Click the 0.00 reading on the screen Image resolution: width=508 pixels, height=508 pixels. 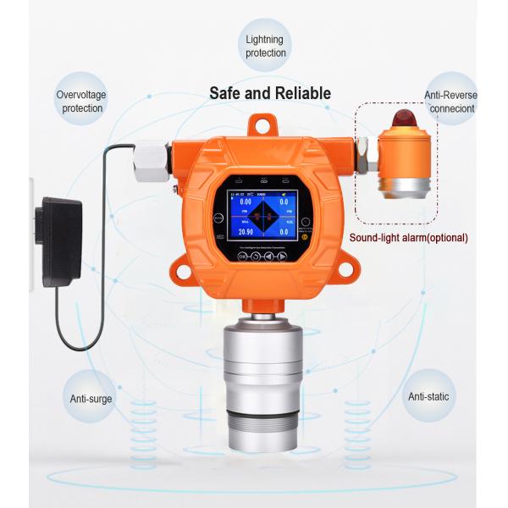click(x=246, y=202)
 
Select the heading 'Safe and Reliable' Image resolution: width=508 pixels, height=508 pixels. click(x=270, y=93)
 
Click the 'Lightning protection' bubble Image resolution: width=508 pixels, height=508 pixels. click(x=266, y=46)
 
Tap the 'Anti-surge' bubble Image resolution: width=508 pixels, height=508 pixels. click(x=91, y=398)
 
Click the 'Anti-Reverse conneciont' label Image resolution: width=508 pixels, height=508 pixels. click(x=448, y=102)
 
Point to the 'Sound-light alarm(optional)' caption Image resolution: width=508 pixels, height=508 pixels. click(x=409, y=237)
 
